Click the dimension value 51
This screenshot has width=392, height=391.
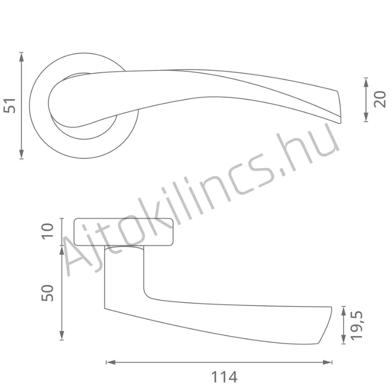pyautogui.click(x=9, y=106)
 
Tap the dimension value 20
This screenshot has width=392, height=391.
pyautogui.click(x=380, y=99)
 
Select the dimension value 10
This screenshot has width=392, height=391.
pyautogui.click(x=47, y=232)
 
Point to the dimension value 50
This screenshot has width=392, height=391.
pyautogui.click(x=47, y=293)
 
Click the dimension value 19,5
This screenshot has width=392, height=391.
pyautogui.click(x=356, y=326)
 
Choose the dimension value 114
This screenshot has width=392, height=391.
pyautogui.click(x=224, y=377)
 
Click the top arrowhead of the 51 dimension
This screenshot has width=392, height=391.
pyautogui.click(x=22, y=57)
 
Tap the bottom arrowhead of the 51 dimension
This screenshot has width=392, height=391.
pyautogui.click(x=22, y=154)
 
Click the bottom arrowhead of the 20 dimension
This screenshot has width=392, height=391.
pyautogui.click(x=366, y=117)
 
